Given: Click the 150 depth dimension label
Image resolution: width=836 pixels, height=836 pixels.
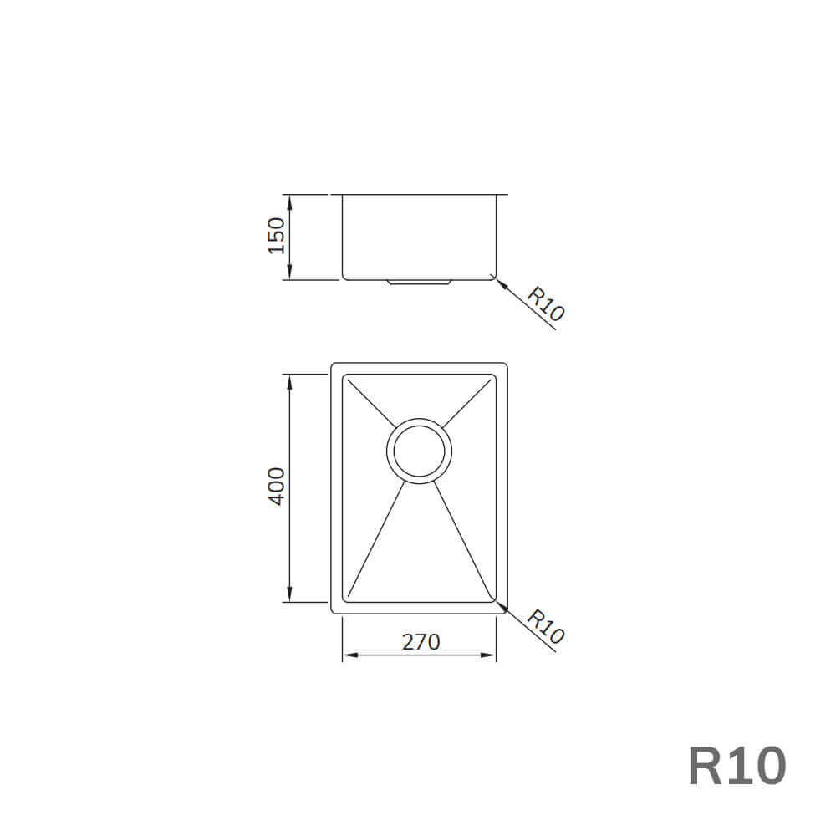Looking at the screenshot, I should pos(277,236).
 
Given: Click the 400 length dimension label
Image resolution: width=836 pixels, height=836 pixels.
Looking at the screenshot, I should pos(277,486).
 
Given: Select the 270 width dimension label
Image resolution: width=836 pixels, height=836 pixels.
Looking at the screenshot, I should pos(421,642).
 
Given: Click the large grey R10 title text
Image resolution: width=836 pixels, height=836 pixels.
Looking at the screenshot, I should pos(737,766).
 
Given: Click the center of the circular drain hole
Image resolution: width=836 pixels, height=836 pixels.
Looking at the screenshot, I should pos(419,451).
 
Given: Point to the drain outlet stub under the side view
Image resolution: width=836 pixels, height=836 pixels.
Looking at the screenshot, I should pos(420,283).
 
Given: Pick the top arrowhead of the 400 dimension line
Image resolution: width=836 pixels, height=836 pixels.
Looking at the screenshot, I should pos(288,380).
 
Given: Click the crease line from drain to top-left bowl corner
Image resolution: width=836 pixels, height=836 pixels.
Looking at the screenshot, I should pos(370,402).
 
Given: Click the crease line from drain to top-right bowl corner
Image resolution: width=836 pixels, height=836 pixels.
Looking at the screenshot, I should pos(467,403).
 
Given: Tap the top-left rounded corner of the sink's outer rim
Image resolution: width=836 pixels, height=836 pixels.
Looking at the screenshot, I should pos(334,366).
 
